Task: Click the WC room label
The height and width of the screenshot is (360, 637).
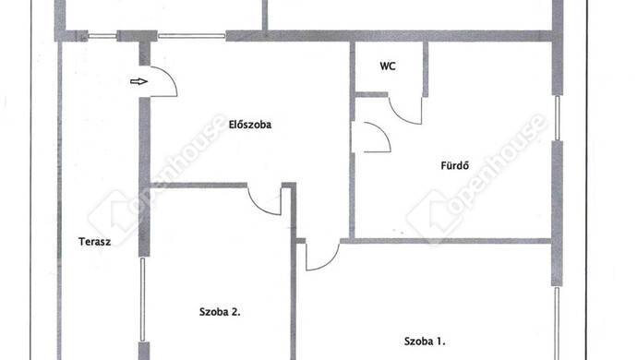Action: click(x=388, y=66)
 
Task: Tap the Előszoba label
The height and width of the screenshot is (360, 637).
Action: click(x=250, y=125)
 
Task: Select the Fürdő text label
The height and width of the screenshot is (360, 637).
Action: click(x=455, y=165)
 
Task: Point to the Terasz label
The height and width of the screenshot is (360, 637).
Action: click(x=95, y=242)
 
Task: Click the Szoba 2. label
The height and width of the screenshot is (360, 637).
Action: click(x=220, y=312)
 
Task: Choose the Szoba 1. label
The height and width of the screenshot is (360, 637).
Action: click(x=425, y=342)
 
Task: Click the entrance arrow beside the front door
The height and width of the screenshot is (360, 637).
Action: click(x=138, y=81)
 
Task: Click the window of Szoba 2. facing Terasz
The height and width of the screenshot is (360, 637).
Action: click(x=142, y=299)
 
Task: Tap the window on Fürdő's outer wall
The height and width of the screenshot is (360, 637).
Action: click(x=558, y=118)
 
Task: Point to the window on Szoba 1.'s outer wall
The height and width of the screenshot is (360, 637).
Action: click(x=557, y=323)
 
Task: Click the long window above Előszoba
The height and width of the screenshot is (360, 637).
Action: click(x=191, y=36)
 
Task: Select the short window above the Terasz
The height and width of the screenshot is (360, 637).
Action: click(x=102, y=36)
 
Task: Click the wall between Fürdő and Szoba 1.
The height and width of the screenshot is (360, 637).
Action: click(x=445, y=241)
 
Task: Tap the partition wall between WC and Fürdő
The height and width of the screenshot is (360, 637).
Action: click(x=426, y=69)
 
